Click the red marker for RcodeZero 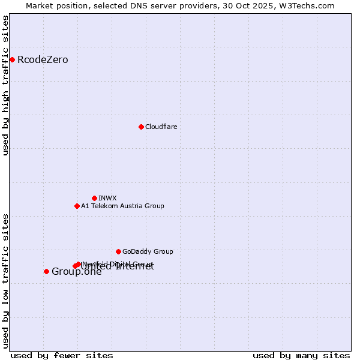(12, 59)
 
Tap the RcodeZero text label (43, 60)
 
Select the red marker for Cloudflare (141, 127)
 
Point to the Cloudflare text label (161, 127)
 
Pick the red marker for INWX (94, 198)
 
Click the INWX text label (107, 199)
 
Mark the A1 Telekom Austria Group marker (77, 206)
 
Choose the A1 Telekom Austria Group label (122, 206)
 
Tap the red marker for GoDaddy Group (118, 251)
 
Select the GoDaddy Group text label (148, 252)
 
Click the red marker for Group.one (46, 271)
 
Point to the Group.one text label (76, 272)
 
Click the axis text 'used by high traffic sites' (6, 85)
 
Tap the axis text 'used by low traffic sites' (6, 280)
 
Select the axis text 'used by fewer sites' (62, 355)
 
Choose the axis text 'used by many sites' (301, 355)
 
